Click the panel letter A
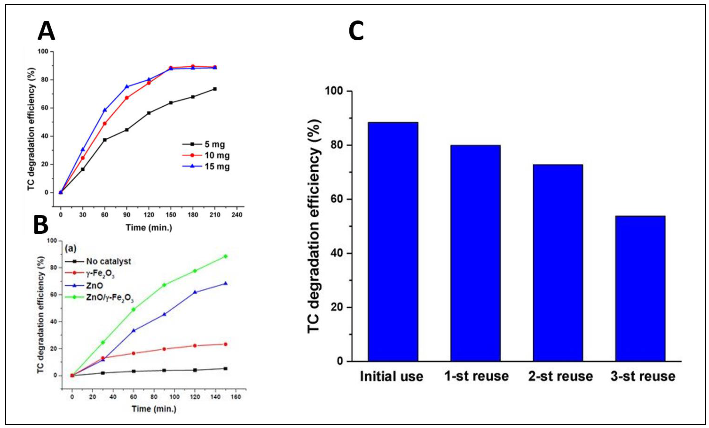pos(46,32)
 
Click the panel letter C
pos(356,32)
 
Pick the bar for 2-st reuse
pos(558,263)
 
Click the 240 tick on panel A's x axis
pos(237,215)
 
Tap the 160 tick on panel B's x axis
pos(236,397)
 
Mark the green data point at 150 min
pos(225,256)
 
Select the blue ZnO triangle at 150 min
pos(225,283)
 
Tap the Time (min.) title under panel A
pos(149,228)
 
